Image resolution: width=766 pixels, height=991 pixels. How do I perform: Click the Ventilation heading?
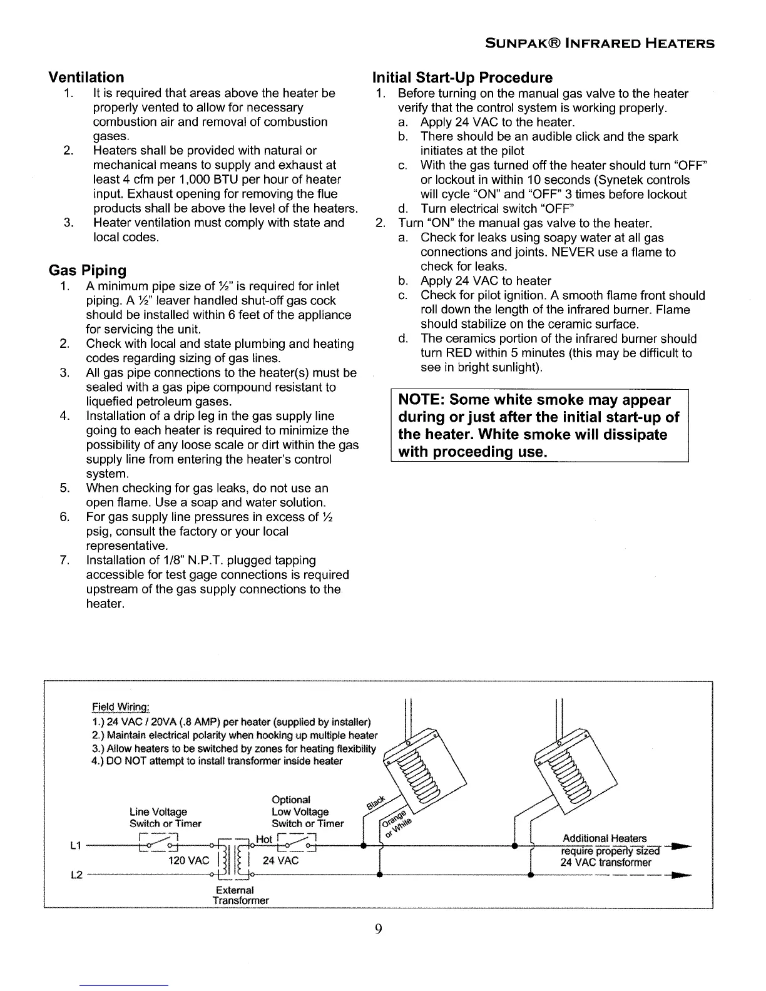click(86, 78)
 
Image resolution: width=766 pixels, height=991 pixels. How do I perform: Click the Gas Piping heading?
click(88, 270)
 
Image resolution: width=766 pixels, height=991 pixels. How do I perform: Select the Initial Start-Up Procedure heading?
click(462, 78)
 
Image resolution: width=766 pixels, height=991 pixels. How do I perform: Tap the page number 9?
click(378, 928)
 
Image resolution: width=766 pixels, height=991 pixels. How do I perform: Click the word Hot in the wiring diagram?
click(264, 839)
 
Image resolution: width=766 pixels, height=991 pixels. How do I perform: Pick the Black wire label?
click(376, 801)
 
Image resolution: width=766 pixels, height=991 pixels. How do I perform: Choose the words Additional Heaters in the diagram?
click(605, 838)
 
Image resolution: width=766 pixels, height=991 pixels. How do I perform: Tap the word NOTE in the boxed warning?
click(420, 400)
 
